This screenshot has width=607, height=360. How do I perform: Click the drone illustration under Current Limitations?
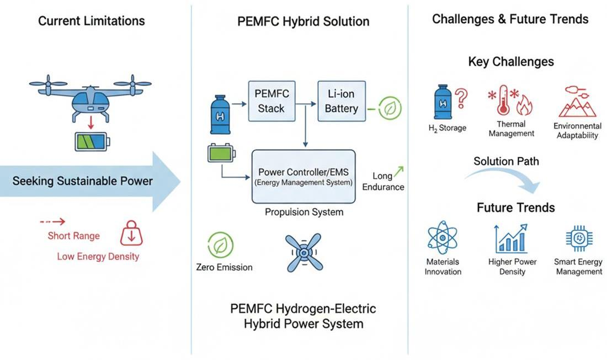90,96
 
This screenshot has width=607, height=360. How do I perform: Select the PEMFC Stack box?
271,101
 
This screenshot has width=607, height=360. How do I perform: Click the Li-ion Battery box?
341,102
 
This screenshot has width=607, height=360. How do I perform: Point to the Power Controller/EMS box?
303,176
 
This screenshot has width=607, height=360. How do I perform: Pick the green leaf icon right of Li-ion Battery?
390,108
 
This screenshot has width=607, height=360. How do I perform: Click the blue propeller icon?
303,252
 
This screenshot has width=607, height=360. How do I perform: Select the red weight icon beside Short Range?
131,233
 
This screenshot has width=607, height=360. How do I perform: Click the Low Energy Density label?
98,256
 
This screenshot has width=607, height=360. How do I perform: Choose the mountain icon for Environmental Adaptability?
577,102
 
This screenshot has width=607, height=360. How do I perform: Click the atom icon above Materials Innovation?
443,238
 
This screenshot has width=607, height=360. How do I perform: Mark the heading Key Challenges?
511,61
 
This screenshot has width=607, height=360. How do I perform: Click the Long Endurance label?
383,182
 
